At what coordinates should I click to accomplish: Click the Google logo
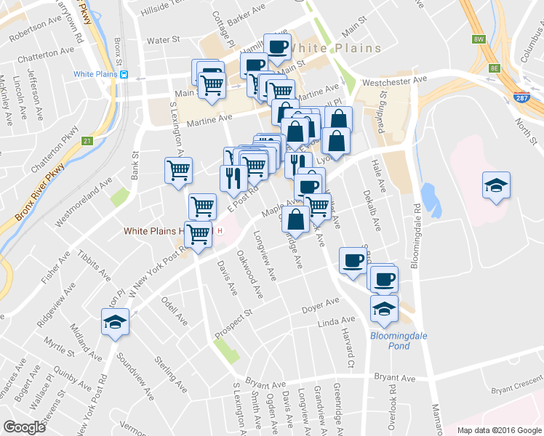(x=24, y=427)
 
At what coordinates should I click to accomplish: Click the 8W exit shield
(x=478, y=39)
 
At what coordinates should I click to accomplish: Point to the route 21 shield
(x=87, y=140)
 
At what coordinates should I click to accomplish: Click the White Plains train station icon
(x=125, y=74)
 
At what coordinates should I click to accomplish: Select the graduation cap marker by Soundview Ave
(x=115, y=321)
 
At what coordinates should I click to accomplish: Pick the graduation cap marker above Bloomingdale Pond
(x=384, y=308)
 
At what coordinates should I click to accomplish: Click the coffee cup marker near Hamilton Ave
(x=277, y=47)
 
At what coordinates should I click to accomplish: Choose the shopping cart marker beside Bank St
(x=178, y=171)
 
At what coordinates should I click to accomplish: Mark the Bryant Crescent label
(x=516, y=390)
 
